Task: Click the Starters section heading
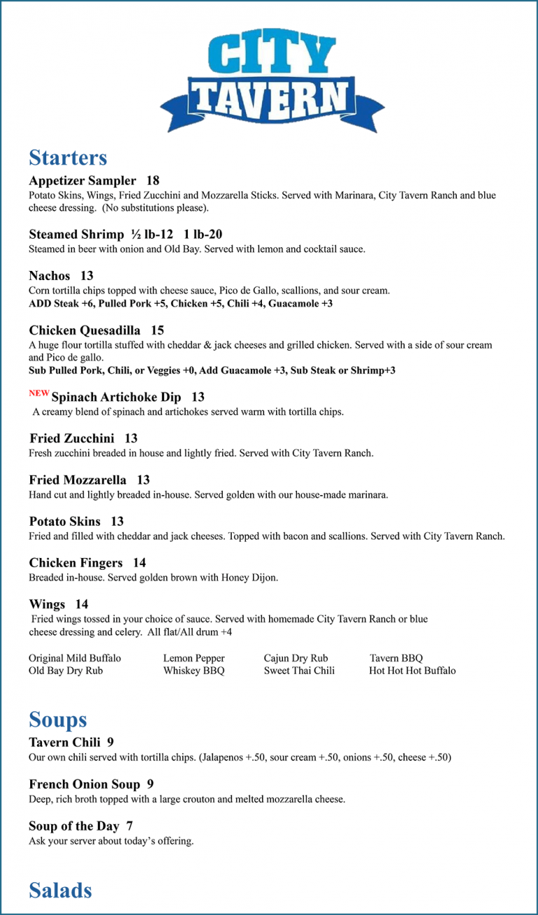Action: (68, 158)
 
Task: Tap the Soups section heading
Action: (58, 720)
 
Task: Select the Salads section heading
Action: (60, 890)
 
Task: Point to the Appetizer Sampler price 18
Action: (153, 181)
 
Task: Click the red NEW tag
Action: (39, 394)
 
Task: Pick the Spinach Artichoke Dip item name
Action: (116, 398)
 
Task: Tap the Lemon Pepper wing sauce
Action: (194, 658)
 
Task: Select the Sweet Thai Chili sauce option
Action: (299, 671)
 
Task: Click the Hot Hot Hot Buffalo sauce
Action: (412, 671)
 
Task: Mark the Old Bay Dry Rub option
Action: (66, 671)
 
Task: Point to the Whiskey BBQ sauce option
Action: (194, 671)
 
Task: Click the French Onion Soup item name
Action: (84, 784)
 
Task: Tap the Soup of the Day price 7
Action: (130, 826)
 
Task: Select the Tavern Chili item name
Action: (65, 742)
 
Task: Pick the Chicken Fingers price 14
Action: (139, 563)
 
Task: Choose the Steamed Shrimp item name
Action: (76, 235)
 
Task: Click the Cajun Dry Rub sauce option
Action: (296, 658)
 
